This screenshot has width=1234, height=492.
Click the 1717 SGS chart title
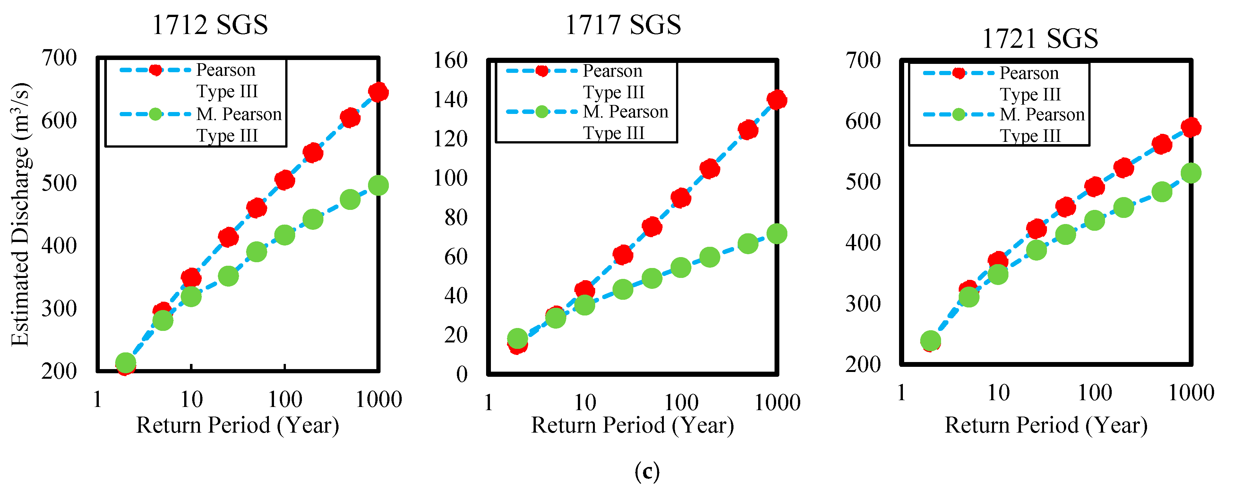(x=623, y=25)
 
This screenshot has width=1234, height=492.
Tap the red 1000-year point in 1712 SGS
(x=378, y=92)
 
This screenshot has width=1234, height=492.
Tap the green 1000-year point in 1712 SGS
(x=378, y=186)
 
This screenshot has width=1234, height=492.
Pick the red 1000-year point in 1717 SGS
(x=776, y=99)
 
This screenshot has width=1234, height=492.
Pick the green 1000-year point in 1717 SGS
(x=776, y=234)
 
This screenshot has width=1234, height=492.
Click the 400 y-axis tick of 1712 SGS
(x=59, y=246)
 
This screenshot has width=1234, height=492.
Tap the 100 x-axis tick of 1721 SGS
(x=1095, y=393)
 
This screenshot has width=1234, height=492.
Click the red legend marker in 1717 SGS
(x=542, y=71)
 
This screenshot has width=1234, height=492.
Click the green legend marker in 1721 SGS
(x=959, y=115)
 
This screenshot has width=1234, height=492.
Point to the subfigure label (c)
(x=647, y=471)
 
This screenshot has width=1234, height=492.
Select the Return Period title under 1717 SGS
(x=632, y=426)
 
